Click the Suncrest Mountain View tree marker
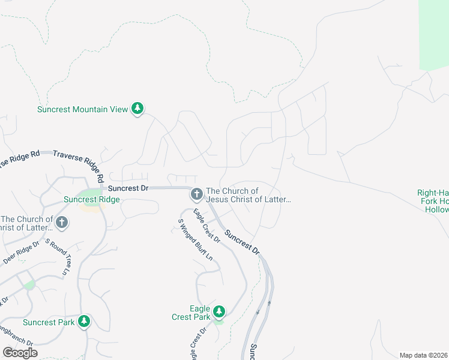point(138,109)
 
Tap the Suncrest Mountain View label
point(82,109)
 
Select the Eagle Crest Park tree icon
point(219,311)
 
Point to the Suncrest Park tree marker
point(84,322)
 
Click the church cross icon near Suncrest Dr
point(196,194)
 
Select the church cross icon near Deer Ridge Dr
point(61,223)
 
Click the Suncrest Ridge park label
point(92,200)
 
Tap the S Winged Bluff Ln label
point(195,238)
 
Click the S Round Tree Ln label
point(58,258)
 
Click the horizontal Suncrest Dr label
point(128,188)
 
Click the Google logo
point(20,352)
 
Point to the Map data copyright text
point(423,355)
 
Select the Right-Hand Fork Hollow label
point(433,201)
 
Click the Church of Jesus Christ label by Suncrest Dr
point(248,195)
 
